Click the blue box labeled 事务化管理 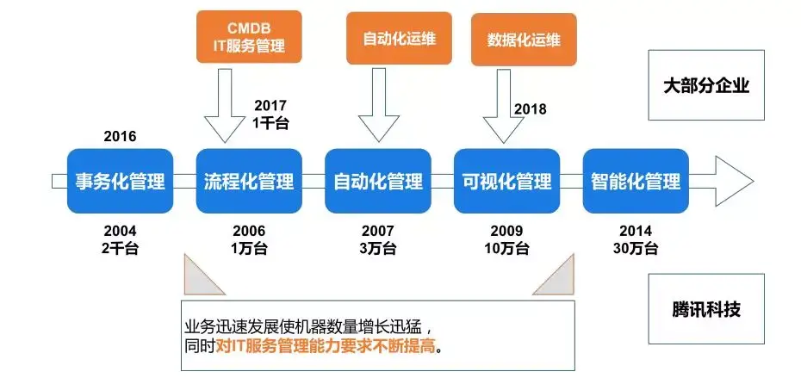pos(120,182)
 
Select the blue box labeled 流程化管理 pos(249,182)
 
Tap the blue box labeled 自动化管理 pos(377,182)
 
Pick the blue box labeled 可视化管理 pos(506,182)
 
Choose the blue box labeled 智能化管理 pos(636,182)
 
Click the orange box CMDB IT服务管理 pos(250,37)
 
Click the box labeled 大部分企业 pos(706,85)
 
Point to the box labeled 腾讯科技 pos(706,308)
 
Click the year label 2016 pos(120,136)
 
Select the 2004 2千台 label pos(120,240)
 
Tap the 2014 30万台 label pos(636,240)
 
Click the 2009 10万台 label pos(506,240)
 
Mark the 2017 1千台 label pos(270,115)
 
